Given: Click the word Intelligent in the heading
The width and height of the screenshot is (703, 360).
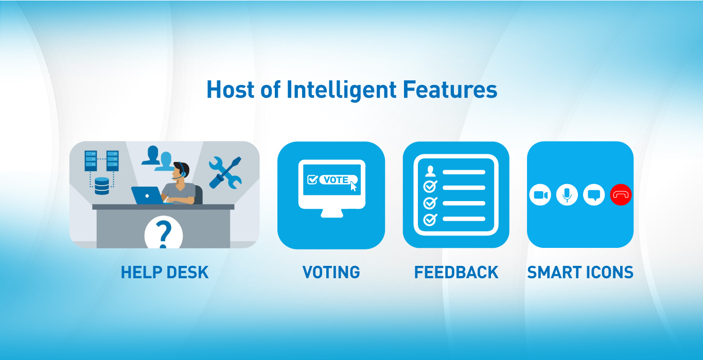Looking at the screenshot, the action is click(341, 90).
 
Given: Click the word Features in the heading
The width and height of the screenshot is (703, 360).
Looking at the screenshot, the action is click(450, 89).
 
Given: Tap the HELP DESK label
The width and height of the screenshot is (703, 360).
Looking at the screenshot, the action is click(165, 272).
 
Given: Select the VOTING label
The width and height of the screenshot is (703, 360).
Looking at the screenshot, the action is click(331, 272).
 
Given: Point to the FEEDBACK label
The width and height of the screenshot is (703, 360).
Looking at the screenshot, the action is click(456, 272).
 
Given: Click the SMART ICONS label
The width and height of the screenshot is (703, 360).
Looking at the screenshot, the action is click(580, 272).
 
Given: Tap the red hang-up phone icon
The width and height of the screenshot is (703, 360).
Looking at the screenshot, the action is click(621, 195).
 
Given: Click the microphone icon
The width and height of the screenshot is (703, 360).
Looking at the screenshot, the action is click(567, 195).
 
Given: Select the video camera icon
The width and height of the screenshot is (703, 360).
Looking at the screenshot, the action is click(540, 195).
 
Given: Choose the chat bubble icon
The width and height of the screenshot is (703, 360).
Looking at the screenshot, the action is click(594, 195).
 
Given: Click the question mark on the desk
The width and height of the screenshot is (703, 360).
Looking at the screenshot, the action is click(164, 234).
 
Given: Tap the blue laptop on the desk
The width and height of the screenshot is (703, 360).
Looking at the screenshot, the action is click(147, 195).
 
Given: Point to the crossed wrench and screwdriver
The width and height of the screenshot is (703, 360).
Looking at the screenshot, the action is click(225, 173).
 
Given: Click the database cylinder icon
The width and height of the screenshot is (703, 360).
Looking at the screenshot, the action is click(102, 186).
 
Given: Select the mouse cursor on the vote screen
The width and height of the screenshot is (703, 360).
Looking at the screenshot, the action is click(354, 186).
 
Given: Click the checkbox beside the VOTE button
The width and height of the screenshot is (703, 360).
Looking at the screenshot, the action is click(312, 179).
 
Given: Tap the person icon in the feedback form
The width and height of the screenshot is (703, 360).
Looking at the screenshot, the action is click(430, 171).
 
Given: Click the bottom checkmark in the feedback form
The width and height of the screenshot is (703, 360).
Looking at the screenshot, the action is click(430, 220).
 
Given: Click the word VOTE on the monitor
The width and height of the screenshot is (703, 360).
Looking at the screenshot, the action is click(336, 180).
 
